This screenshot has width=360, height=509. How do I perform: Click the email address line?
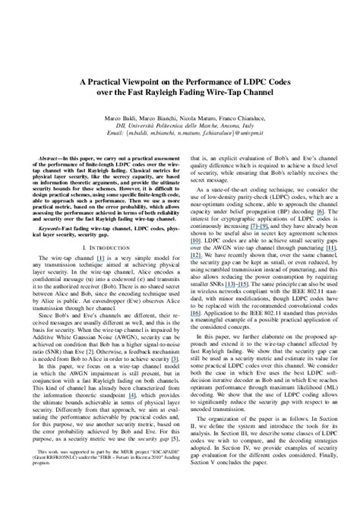(180, 120)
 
